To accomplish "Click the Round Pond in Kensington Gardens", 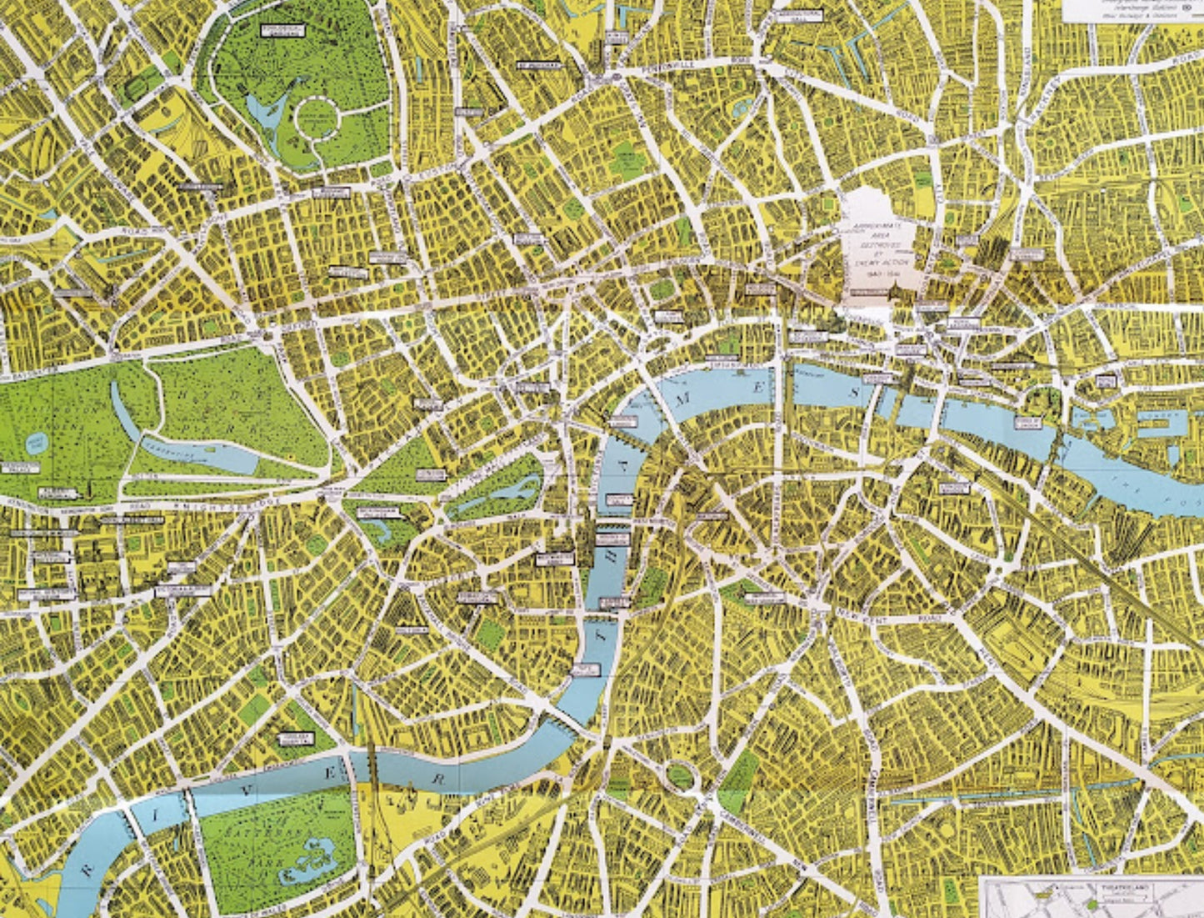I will [36, 443].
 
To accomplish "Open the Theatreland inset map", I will [1092, 897].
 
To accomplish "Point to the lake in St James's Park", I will [500, 492].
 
